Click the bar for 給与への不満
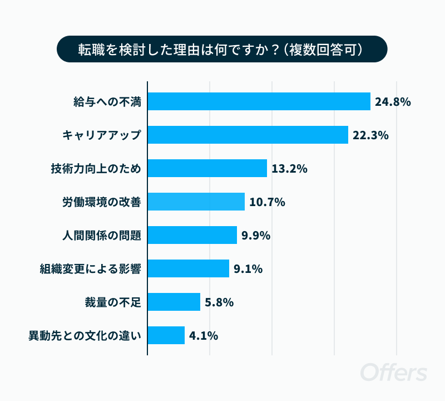259,101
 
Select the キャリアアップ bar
248,135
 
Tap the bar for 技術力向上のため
207,168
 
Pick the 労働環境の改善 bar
196,202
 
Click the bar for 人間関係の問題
192,235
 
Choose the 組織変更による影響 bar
189,268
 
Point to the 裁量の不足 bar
174,302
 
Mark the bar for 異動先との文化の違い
166,335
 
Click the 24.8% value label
393,102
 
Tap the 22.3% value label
370,135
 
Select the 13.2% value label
289,169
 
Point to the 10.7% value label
267,202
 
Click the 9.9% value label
256,236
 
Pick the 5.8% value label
219,302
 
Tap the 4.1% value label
204,336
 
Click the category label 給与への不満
107,102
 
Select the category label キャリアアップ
102,135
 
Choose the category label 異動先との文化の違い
85,336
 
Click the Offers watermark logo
394,372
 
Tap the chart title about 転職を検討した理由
222,49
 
